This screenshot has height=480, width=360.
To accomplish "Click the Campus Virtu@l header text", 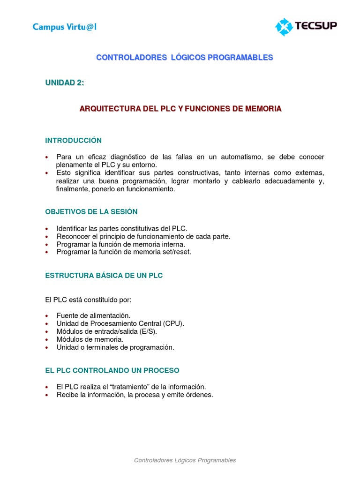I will click(x=64, y=27).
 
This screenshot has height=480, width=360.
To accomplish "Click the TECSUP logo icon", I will click(x=283, y=27).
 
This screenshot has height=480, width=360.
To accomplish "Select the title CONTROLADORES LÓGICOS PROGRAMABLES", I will click(x=184, y=58).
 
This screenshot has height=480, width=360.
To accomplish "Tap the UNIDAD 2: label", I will click(x=65, y=83).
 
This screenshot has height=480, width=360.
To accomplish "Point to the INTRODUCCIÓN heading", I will click(x=73, y=141).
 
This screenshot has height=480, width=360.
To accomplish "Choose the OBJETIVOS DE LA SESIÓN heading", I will click(x=91, y=212).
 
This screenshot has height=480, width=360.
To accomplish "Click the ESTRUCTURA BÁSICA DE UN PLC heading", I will click(x=104, y=276).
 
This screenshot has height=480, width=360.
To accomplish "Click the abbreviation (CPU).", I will click(x=174, y=323).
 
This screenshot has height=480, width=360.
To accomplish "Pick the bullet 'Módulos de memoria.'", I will click(x=90, y=339).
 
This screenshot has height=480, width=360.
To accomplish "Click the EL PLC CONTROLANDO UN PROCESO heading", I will click(x=112, y=370).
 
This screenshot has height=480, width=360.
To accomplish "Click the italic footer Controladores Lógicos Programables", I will click(x=185, y=460).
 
